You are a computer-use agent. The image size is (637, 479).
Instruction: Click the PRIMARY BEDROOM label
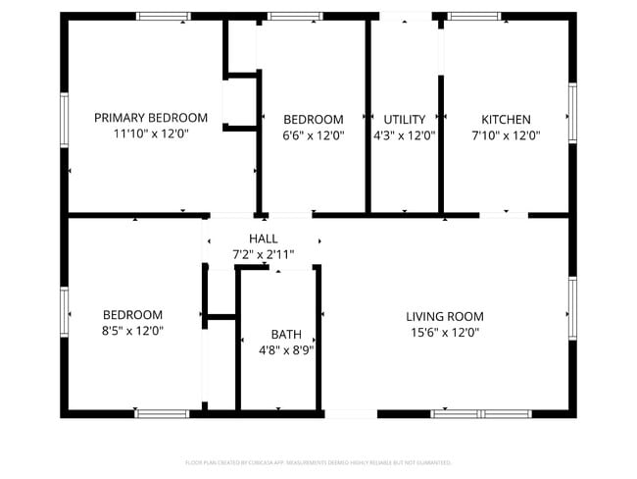151,118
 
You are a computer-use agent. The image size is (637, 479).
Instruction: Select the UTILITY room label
404,119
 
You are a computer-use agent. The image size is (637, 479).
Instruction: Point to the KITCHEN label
506,119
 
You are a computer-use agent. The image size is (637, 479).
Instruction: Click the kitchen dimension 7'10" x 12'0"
506,135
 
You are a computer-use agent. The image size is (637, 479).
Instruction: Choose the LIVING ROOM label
445,316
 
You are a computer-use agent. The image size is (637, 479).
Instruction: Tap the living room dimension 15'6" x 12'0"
445,333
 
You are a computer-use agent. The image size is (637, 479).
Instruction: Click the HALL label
263,239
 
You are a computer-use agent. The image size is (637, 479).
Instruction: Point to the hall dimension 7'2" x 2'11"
263,255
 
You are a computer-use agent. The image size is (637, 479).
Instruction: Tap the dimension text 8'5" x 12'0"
132,332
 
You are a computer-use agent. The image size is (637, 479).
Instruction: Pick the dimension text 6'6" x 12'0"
314,135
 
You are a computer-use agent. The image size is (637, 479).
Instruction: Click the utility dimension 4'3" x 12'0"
404,135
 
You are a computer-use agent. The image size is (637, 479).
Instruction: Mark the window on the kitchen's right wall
572,113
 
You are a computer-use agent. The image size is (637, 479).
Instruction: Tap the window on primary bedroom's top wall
163,16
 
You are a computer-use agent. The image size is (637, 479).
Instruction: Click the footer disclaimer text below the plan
318,462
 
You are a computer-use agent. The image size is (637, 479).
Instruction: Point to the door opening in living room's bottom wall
350,414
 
